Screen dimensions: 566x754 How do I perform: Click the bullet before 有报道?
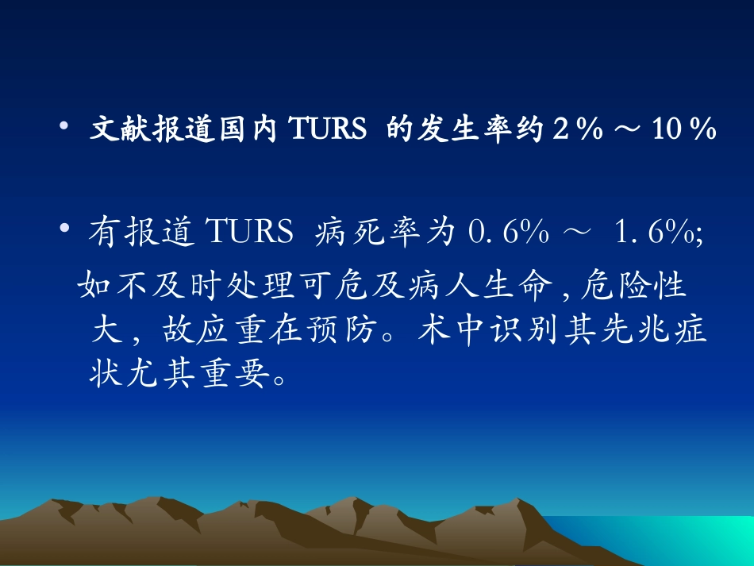[x=65, y=230]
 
